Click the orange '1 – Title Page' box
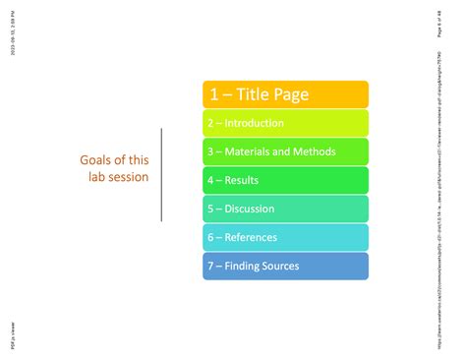point(285,94)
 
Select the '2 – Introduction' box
point(285,123)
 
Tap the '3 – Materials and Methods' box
point(285,151)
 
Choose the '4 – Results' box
point(285,180)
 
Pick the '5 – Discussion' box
point(285,209)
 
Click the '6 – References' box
point(285,237)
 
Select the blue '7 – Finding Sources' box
point(285,266)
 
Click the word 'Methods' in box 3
point(315,151)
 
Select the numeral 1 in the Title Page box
point(212,94)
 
